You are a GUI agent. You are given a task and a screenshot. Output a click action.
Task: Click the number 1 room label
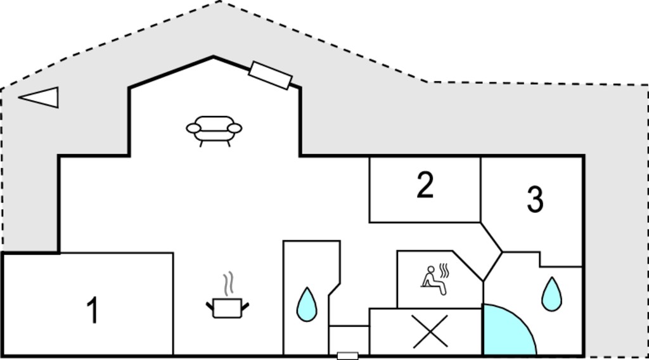coord(93,310)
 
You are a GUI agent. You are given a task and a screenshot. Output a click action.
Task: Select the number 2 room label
coord(425,184)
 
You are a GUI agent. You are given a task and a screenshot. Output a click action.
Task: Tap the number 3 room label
coord(535,199)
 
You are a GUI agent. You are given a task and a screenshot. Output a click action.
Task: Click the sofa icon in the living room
coord(214,131)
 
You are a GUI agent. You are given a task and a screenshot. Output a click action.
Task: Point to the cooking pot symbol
coord(228,307)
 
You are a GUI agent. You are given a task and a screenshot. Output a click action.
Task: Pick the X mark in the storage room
coord(430,331)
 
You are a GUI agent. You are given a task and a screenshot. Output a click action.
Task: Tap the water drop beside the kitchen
coord(307,305)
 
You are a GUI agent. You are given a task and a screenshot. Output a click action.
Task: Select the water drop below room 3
coord(552,294)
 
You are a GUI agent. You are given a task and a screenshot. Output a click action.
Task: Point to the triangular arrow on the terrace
coord(39,97)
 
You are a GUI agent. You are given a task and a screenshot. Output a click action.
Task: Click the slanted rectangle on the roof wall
coord(270,75)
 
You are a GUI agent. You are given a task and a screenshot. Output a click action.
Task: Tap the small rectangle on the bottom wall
coord(348,356)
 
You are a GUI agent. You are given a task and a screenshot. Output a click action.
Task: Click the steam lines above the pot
coord(228,284)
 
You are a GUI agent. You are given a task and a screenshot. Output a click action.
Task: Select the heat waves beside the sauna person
coord(444,271)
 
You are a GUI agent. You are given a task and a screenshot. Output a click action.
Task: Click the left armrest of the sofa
coord(193,128)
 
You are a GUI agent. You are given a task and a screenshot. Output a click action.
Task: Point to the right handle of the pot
coord(245,307)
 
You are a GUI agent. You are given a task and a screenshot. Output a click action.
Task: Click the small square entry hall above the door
coord(349,340)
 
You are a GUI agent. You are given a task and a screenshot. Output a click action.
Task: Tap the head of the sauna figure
coord(431,269)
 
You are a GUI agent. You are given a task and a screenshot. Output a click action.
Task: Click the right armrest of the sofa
coord(235,128)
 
